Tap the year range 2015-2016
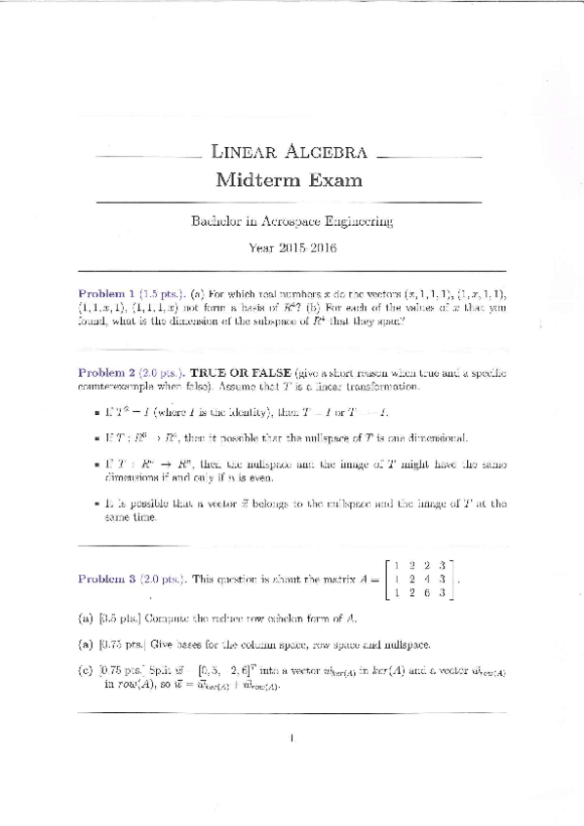click(x=306, y=247)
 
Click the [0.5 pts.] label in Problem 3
click(x=121, y=619)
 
